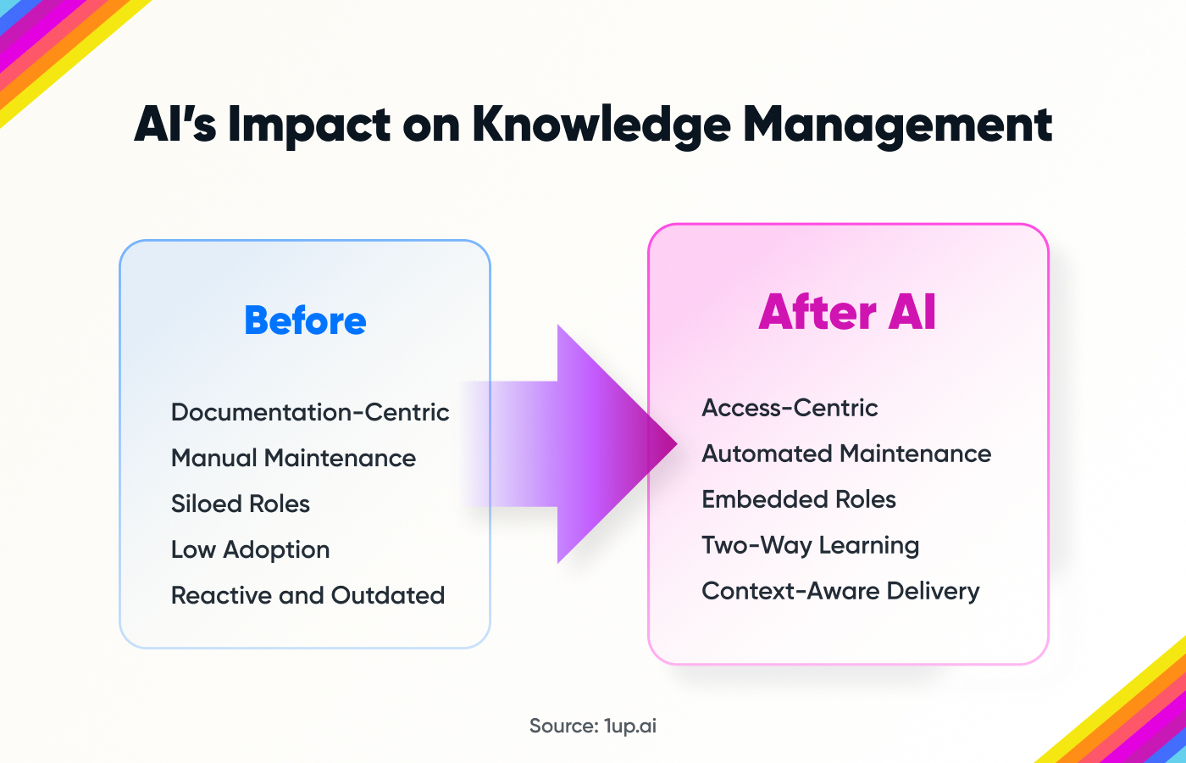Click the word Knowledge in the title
pos(601,125)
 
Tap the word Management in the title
pos(897,125)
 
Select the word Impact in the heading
pos(309,125)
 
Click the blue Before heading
pos(305,321)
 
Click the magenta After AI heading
pos(847,312)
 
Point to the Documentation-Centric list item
pos(310,412)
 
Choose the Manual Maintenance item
pos(293,458)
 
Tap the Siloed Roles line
pos(241,504)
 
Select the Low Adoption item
pos(250,549)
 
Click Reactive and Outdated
pos(308,595)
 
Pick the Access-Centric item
pos(790,408)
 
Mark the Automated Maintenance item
pos(846,454)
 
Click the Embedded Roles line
pos(799,499)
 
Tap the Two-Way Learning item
pos(810,545)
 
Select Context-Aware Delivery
pos(840,591)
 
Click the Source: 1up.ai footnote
pos(592,726)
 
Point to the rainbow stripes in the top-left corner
pos(51,42)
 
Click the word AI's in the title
pos(175,125)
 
